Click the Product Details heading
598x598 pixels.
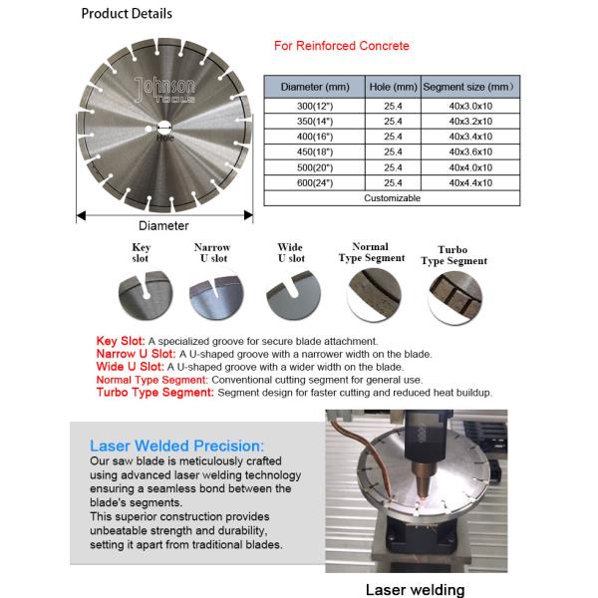click(x=126, y=14)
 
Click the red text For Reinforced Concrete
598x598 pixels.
click(x=342, y=46)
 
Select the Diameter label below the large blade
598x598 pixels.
click(x=163, y=226)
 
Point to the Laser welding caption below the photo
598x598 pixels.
click(x=415, y=589)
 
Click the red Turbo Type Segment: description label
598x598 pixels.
click(x=154, y=393)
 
